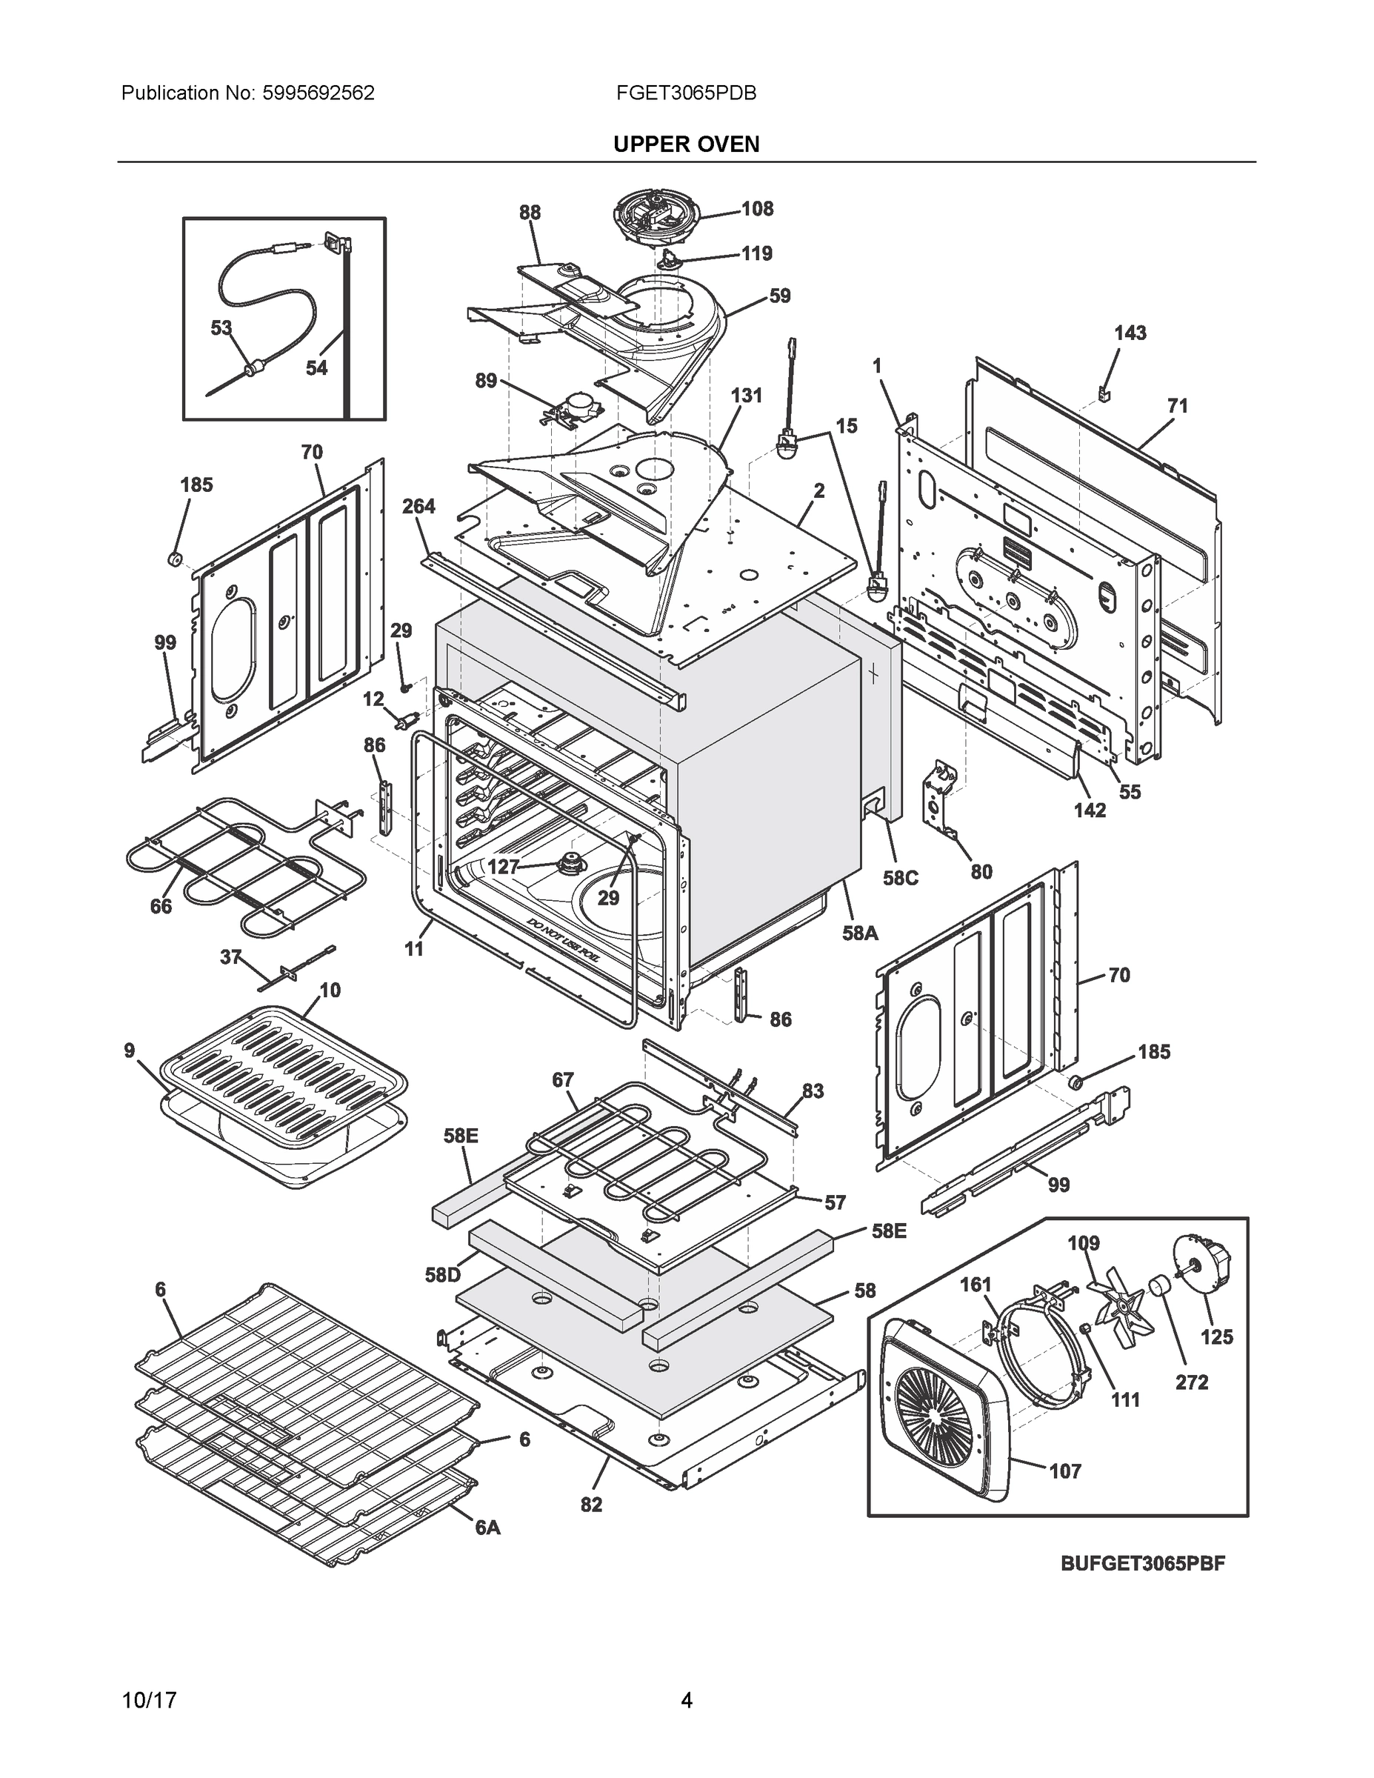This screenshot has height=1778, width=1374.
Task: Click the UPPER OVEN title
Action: [x=686, y=144]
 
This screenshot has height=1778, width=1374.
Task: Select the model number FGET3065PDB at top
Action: [x=686, y=93]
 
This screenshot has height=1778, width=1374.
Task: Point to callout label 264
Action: [x=418, y=507]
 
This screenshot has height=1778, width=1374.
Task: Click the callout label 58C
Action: [x=901, y=879]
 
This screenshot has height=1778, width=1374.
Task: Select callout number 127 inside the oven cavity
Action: [x=503, y=867]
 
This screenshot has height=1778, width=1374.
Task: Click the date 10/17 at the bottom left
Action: [x=149, y=1701]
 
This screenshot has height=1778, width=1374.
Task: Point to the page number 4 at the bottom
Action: [x=686, y=1701]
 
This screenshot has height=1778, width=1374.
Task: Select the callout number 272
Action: [x=1192, y=1382]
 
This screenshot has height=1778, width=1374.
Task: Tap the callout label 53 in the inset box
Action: [x=221, y=328]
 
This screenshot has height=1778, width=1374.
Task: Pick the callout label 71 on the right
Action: [x=1178, y=405]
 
